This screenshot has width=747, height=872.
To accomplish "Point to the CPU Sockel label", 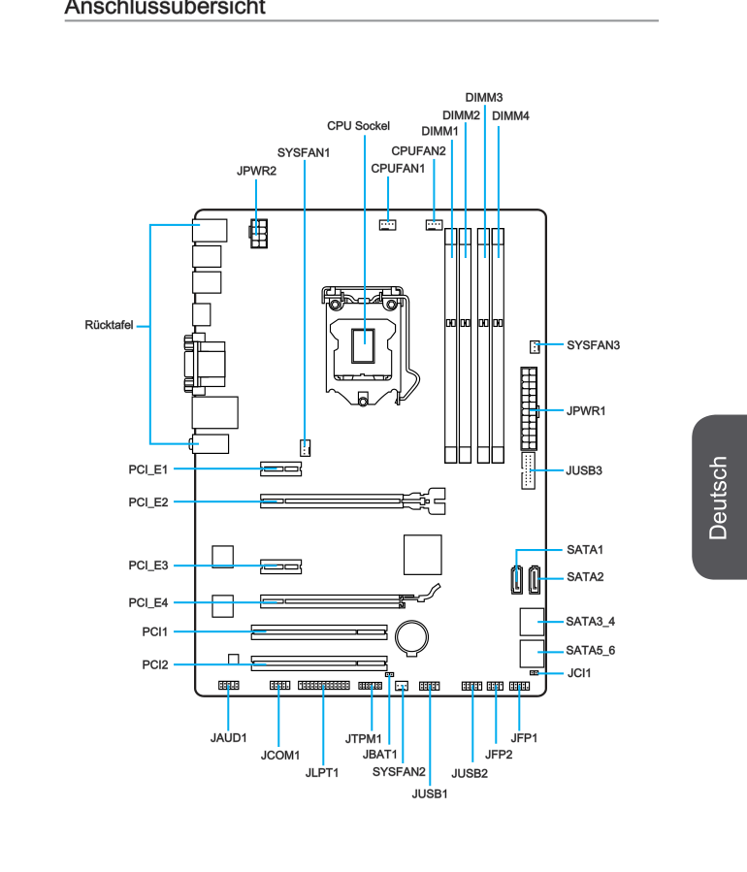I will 358,126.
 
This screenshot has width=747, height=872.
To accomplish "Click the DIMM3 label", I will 484,98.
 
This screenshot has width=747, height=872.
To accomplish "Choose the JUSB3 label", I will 585,470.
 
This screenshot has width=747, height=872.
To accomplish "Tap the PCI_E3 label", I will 148,565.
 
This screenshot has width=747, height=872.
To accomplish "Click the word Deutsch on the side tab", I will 719,497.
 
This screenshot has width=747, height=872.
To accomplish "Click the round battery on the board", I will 417,636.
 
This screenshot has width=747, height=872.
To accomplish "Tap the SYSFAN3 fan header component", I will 534,346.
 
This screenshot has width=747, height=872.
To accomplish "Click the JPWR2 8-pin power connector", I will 258,235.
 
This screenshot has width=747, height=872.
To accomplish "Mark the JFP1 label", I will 524,738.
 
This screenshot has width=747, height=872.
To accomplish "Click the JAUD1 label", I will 229,738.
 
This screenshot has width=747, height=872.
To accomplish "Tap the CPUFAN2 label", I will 418,150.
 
